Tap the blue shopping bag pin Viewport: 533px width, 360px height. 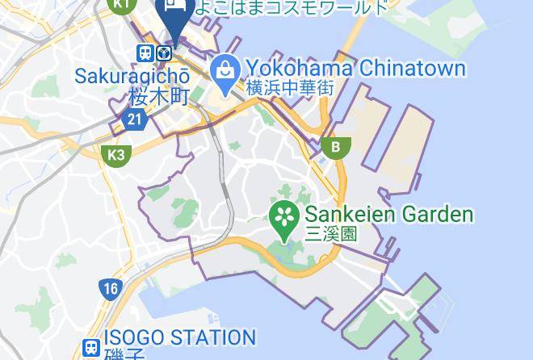223,71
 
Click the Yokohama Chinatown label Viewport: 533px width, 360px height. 355,68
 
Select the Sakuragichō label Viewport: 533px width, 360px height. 132,77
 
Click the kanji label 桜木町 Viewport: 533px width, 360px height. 158,97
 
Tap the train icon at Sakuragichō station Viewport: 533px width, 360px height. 145,53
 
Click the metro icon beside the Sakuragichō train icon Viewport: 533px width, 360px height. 164,53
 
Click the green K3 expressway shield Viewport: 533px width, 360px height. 115,154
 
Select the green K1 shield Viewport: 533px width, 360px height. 122,5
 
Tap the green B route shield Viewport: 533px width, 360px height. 335,147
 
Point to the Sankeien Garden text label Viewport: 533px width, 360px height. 388,215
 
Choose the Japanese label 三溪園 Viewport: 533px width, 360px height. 330,235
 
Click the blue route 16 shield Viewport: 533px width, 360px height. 111,289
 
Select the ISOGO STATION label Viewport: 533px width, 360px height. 179,337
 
